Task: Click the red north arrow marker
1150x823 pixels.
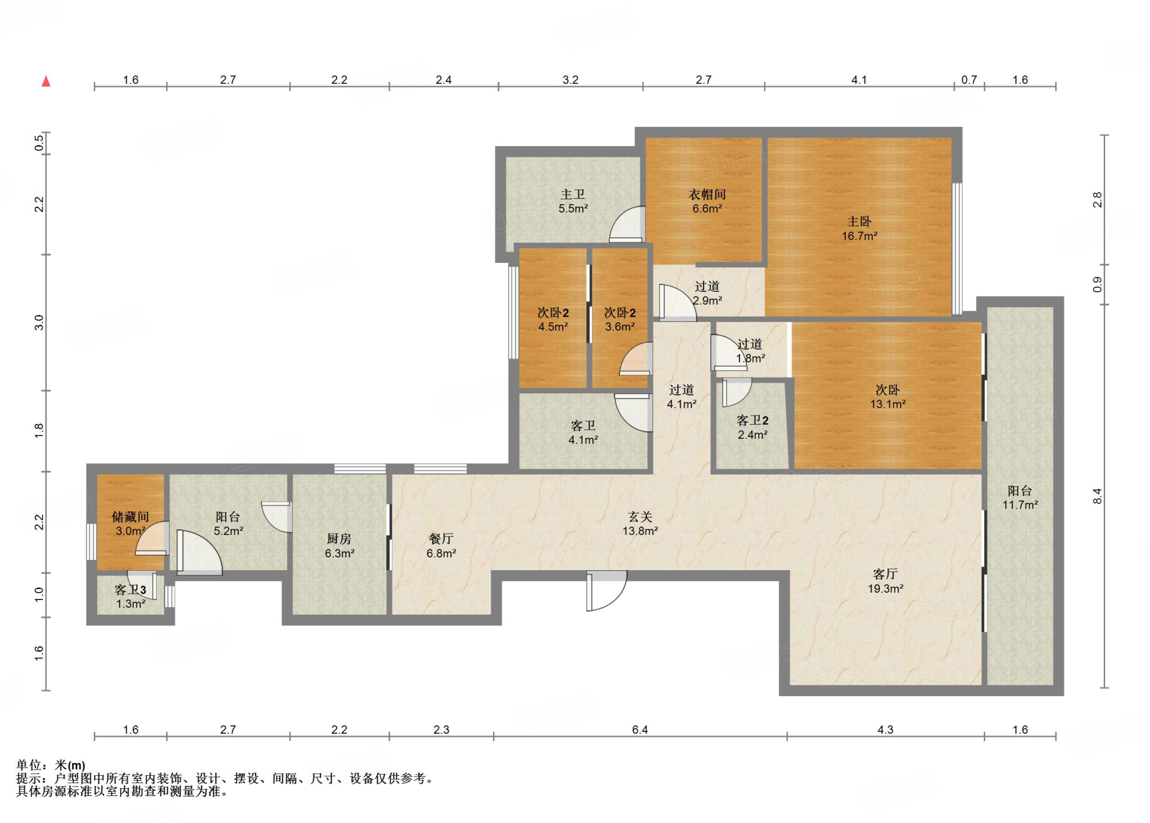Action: (46, 81)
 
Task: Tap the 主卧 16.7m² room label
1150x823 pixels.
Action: (859, 229)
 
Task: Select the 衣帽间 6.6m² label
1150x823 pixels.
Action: (707, 201)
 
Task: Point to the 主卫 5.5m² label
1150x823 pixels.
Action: (573, 201)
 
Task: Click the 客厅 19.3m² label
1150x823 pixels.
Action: (886, 581)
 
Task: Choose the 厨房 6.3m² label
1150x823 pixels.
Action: (339, 545)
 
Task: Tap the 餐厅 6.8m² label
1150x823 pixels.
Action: (441, 545)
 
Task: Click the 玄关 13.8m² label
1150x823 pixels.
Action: (640, 523)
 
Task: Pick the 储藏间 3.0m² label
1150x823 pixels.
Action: (130, 523)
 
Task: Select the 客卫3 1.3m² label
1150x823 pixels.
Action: (130, 596)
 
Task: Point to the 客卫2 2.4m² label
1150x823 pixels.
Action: (752, 427)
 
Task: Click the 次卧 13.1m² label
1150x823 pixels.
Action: (888, 397)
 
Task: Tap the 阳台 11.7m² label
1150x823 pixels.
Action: (1020, 497)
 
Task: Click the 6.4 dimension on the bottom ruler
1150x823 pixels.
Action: (640, 729)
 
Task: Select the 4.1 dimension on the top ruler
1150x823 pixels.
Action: (859, 80)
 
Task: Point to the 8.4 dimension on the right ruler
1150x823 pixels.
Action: (1097, 496)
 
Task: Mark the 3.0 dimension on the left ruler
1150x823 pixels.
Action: (39, 322)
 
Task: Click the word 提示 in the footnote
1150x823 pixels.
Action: (29, 778)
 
